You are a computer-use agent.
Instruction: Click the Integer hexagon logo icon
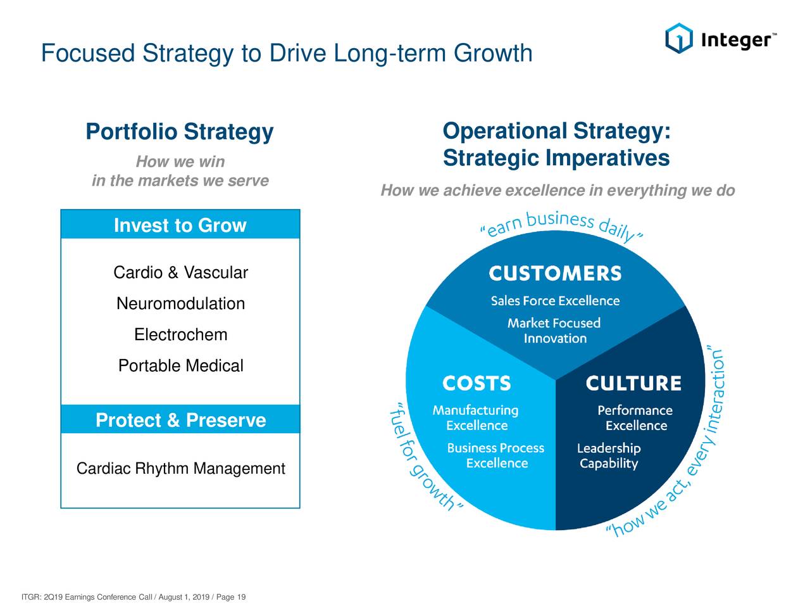tap(679, 38)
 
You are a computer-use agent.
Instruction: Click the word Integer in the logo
tap(736, 40)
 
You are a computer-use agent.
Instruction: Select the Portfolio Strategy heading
tap(179, 132)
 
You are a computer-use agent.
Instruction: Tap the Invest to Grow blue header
tap(180, 225)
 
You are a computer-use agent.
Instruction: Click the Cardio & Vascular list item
tap(180, 272)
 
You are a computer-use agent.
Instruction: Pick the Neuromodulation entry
tap(180, 303)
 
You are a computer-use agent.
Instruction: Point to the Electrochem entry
tap(180, 334)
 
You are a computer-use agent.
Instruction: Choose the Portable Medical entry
tap(180, 365)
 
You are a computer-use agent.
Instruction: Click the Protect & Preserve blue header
tap(180, 420)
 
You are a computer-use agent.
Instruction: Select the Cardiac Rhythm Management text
tap(180, 469)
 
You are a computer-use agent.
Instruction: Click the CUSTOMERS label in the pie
tap(555, 274)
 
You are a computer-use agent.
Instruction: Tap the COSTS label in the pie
tap(477, 384)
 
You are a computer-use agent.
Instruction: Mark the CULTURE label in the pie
tap(633, 384)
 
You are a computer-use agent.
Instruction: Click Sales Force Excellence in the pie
tap(555, 301)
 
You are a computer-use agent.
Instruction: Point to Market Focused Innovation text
tap(554, 331)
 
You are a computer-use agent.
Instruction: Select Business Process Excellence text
tap(495, 455)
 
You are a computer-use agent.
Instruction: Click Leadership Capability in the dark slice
tap(609, 455)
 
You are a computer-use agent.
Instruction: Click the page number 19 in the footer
tap(241, 597)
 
